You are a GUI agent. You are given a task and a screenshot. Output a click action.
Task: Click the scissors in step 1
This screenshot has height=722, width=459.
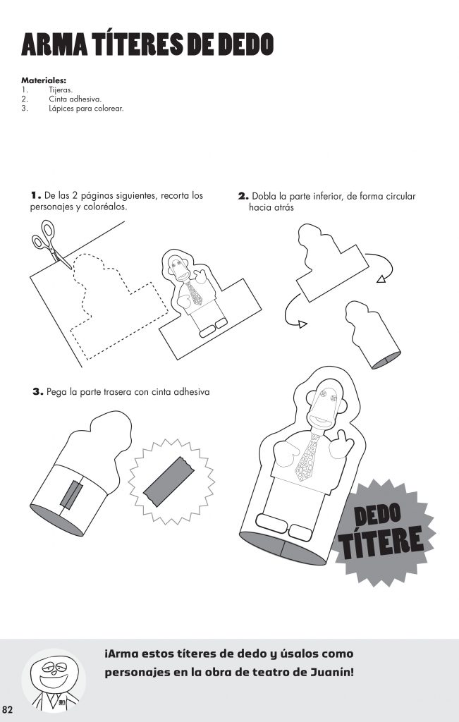click(x=50, y=244)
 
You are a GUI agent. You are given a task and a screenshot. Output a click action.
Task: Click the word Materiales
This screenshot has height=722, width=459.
click(x=44, y=80)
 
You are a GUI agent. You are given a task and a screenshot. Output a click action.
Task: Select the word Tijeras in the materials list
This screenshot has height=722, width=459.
click(x=61, y=90)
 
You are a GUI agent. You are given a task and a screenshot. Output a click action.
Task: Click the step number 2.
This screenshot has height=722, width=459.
click(x=243, y=196)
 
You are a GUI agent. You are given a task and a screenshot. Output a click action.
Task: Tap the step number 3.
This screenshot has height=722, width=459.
click(x=38, y=392)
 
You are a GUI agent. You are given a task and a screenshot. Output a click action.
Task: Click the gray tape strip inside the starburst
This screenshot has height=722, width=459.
click(x=170, y=481)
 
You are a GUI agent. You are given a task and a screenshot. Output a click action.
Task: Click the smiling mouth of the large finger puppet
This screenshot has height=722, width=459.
click(x=320, y=420)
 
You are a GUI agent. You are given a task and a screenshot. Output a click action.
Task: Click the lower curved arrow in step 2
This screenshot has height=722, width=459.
click(x=288, y=312)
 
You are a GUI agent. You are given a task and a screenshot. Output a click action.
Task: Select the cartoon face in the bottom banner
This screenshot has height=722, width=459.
click(x=54, y=675)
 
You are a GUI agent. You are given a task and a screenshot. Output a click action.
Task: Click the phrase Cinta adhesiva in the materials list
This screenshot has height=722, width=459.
click(x=75, y=99)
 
